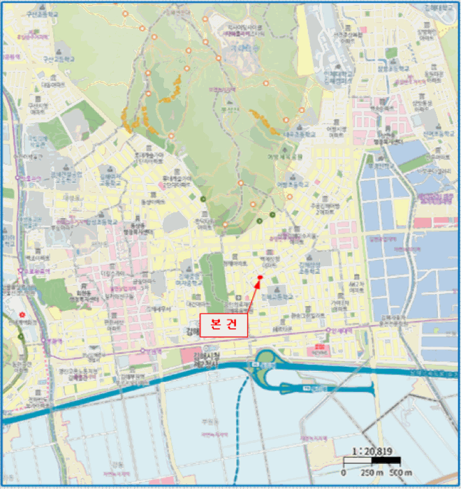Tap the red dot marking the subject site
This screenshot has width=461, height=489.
(259, 278)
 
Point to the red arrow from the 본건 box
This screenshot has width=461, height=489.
(251, 296)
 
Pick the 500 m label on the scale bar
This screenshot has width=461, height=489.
(399, 472)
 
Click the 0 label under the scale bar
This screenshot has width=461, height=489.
(344, 472)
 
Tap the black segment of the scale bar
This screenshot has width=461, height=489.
(386, 461)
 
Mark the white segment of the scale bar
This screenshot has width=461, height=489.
(358, 461)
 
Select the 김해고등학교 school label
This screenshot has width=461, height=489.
(279, 297)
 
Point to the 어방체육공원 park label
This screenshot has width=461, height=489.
(295, 159)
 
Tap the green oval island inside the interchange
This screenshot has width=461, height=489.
(266, 360)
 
